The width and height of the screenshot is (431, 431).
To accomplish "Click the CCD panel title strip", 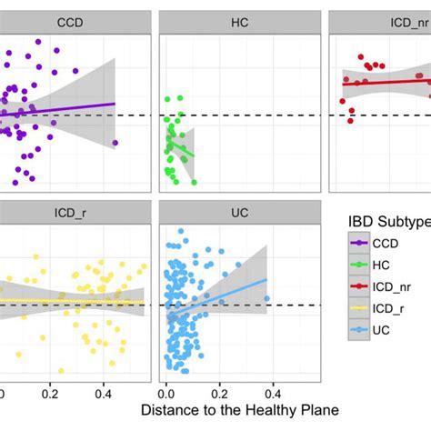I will (67, 20).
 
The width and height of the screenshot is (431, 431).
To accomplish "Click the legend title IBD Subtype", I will (388, 221).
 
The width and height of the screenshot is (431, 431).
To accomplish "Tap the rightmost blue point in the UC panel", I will (266, 298).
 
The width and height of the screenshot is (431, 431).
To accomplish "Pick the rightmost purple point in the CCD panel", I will (115, 143).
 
